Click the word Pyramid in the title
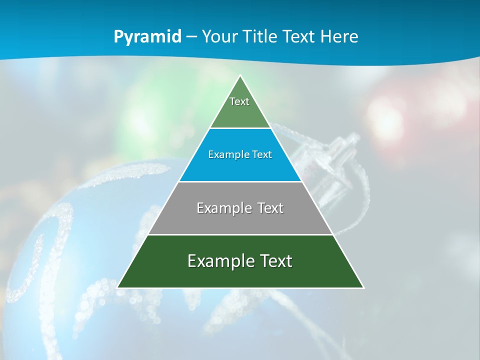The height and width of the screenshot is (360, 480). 147,37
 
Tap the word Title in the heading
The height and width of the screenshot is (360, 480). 258,37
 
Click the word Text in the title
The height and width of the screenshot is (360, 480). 298,37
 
